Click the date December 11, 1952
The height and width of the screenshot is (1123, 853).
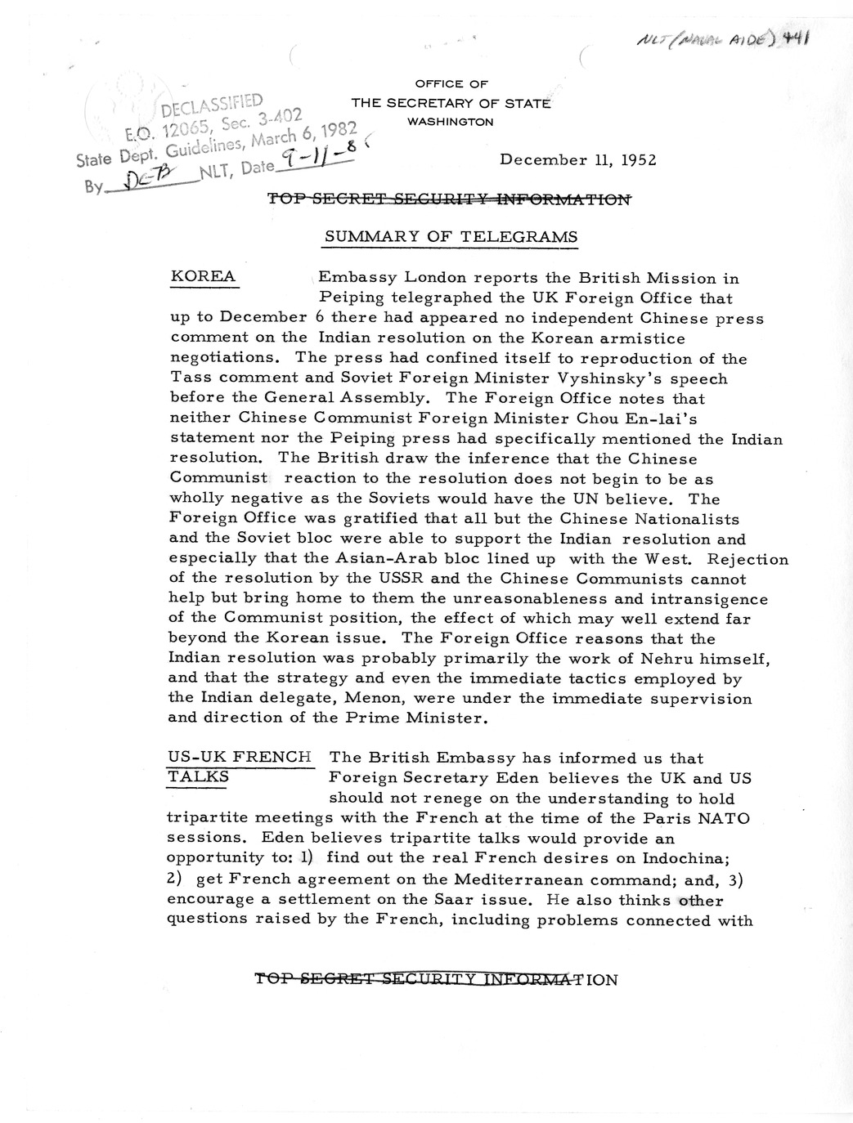pos(577,159)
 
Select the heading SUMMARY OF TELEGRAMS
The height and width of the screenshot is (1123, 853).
pos(451,237)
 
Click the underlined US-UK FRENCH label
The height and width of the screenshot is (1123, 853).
pos(239,757)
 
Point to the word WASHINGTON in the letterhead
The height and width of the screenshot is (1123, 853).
pos(450,122)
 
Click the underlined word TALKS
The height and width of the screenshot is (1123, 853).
pos(197,777)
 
